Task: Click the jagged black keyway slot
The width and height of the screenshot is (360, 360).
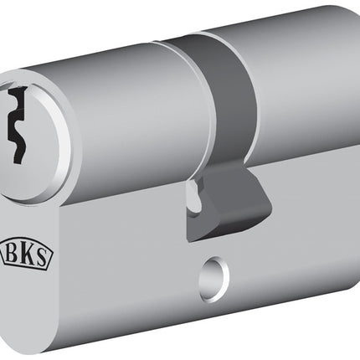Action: coord(18,126)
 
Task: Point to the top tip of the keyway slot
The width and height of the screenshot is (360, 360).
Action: coord(17,90)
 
